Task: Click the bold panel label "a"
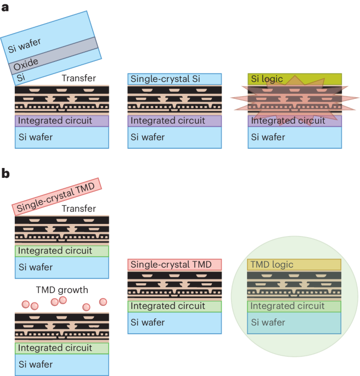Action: tap(5, 8)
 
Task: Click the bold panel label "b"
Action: tap(5, 173)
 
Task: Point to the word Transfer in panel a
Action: tap(79, 78)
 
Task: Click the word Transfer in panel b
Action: tap(79, 209)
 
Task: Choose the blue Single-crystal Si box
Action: tap(175, 79)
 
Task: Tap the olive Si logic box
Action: tap(295, 79)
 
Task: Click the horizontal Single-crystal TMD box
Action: tap(175, 265)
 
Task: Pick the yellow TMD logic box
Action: tap(295, 265)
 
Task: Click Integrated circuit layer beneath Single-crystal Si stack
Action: tap(175, 121)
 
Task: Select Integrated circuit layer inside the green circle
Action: tap(295, 306)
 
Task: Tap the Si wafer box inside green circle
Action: tap(295, 323)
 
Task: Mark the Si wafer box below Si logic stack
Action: tap(295, 137)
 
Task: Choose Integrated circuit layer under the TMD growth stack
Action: tap(62, 347)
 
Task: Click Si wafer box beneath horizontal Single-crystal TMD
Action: tap(175, 323)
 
